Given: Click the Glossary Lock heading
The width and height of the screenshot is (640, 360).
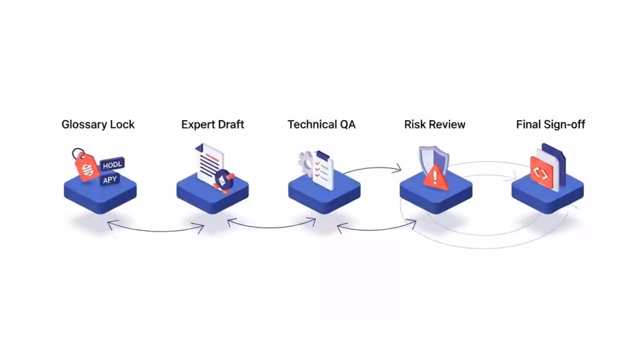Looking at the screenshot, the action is (98, 124).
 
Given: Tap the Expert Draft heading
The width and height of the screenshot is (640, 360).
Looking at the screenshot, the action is (212, 124).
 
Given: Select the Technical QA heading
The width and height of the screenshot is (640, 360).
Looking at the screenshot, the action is (322, 124).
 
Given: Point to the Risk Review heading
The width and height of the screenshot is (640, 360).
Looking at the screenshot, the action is (435, 124).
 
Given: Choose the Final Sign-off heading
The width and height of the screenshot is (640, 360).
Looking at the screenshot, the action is (551, 124).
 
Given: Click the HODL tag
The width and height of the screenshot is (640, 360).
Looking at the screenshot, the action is (112, 165).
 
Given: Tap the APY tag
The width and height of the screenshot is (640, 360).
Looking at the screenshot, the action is (110, 180).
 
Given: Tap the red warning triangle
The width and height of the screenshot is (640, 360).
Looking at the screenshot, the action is (435, 177).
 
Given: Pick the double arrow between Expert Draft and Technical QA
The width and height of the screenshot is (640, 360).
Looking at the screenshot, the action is (272, 227).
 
